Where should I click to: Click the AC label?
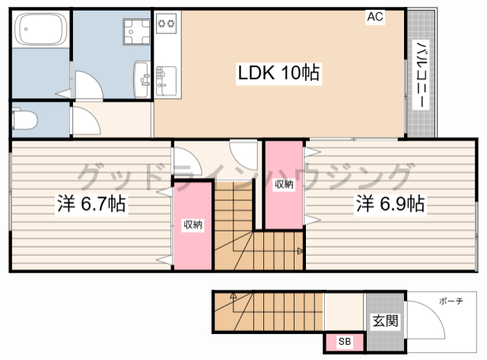pos(375,17)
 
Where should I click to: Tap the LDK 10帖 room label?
pos(279,72)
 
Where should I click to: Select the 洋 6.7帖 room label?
pos(91,204)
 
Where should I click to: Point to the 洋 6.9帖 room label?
pos(390,204)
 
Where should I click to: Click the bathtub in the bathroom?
pos(41,29)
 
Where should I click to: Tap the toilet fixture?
pos(24,118)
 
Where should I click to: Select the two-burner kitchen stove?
pos(166,23)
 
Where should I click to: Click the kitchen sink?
pos(166,81)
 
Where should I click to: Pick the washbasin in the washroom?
pos(142,79)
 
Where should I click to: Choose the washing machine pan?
pos(136,32)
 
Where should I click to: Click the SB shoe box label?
pos(345,342)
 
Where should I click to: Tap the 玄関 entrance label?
pos(385,320)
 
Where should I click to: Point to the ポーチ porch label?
pos(451,301)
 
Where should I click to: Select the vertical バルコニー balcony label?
pos(422,75)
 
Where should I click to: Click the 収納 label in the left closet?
pos(193,225)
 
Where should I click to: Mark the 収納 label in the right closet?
pos(284,184)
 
